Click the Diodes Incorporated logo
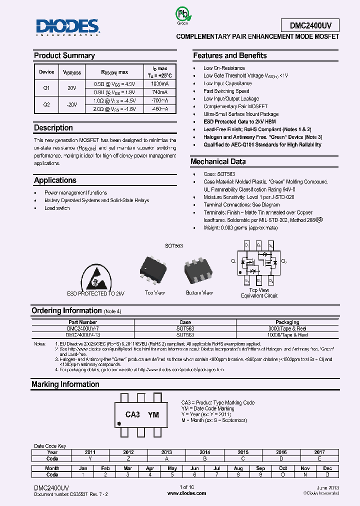tap(67, 27)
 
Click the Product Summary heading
tap(64, 55)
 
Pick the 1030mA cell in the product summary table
tap(159, 84)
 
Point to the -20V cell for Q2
tap(72, 104)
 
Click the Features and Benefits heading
tap(229, 55)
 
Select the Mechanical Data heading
tap(218, 161)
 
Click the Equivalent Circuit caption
tap(259, 295)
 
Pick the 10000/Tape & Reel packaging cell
tap(287, 335)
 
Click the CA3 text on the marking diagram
tap(132, 414)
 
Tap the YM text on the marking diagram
tap(154, 414)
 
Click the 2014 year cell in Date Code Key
tap(204, 452)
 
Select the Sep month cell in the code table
tap(260, 468)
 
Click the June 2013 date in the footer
tap(327, 487)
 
